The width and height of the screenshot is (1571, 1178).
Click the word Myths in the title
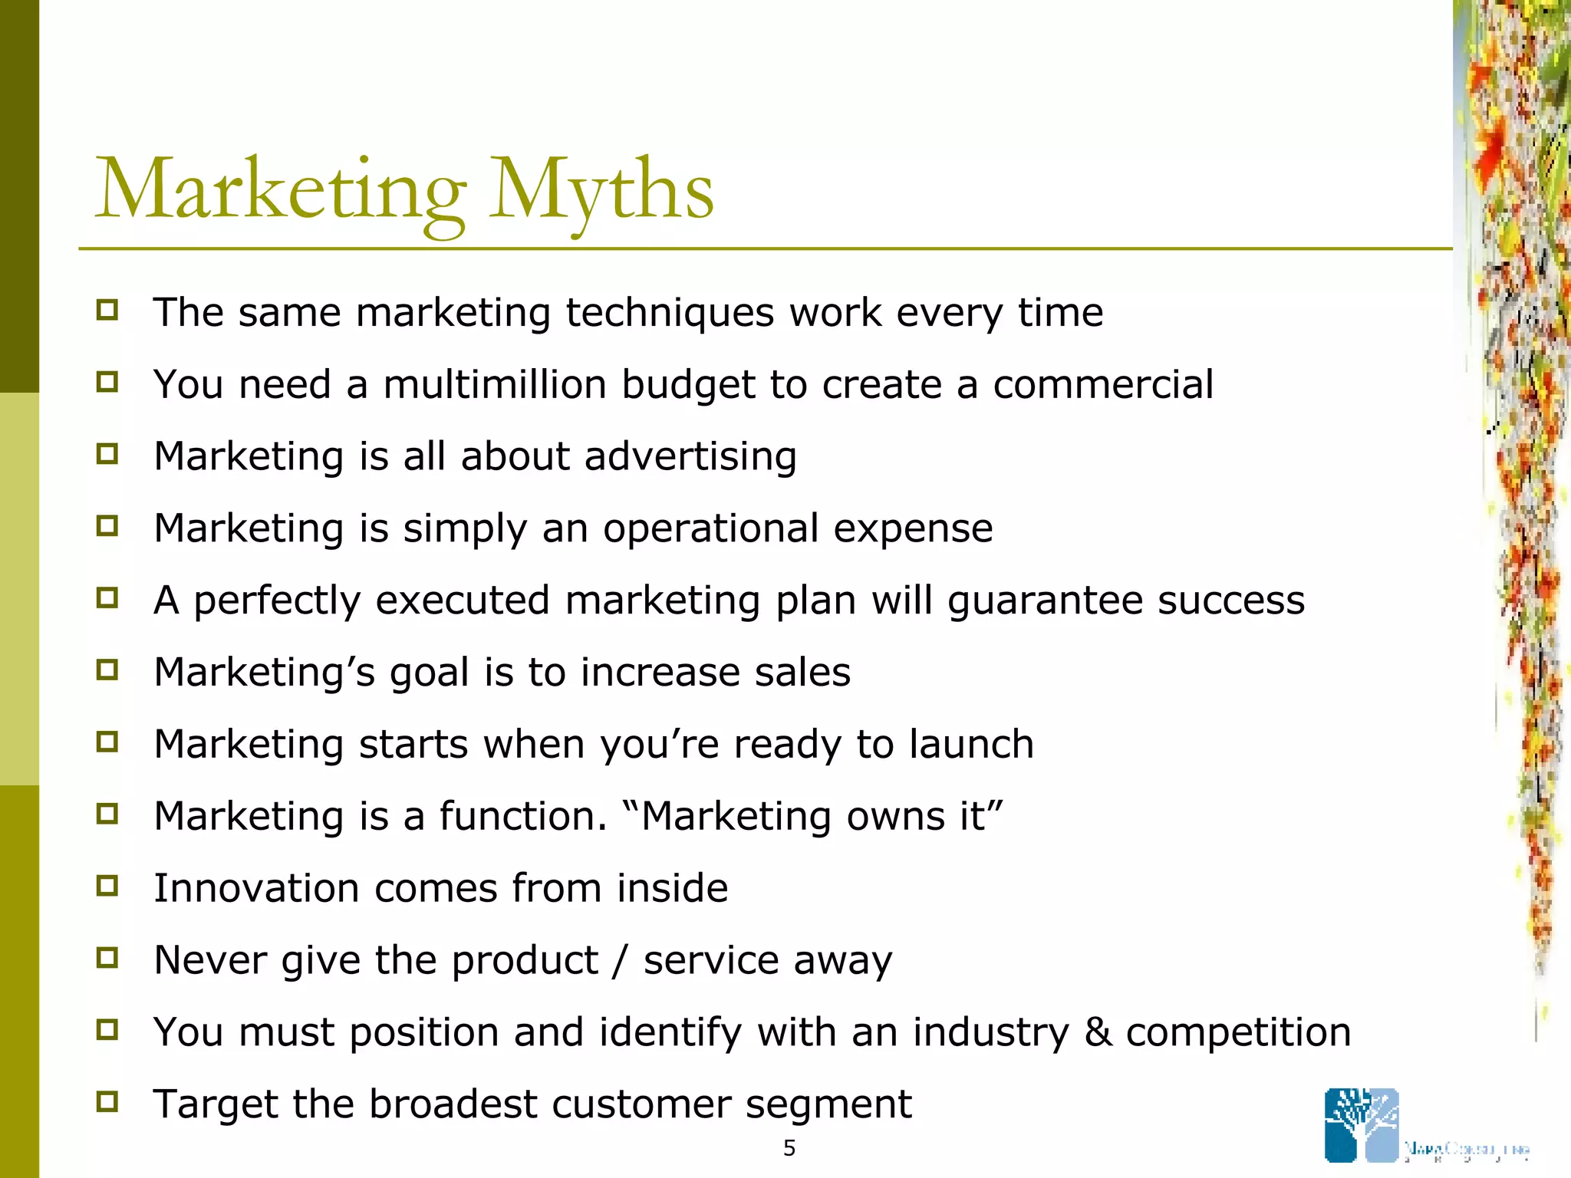click(x=602, y=190)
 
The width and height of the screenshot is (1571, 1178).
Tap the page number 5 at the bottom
click(x=789, y=1148)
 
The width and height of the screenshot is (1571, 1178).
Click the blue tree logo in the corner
click(x=1362, y=1125)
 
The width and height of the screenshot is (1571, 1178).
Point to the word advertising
click(x=690, y=456)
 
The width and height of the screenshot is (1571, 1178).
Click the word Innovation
click(x=256, y=888)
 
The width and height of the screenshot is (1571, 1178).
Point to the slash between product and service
click(x=620, y=960)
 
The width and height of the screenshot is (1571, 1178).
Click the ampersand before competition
click(x=1098, y=1032)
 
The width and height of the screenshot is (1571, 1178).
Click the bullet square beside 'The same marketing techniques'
click(x=107, y=310)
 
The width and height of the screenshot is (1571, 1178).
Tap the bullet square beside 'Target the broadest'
click(x=107, y=1101)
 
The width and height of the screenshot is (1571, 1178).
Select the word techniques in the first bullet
click(x=670, y=313)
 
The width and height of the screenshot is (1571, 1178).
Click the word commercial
click(x=1103, y=384)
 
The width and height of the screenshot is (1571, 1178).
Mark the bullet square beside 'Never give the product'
click(x=107, y=957)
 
